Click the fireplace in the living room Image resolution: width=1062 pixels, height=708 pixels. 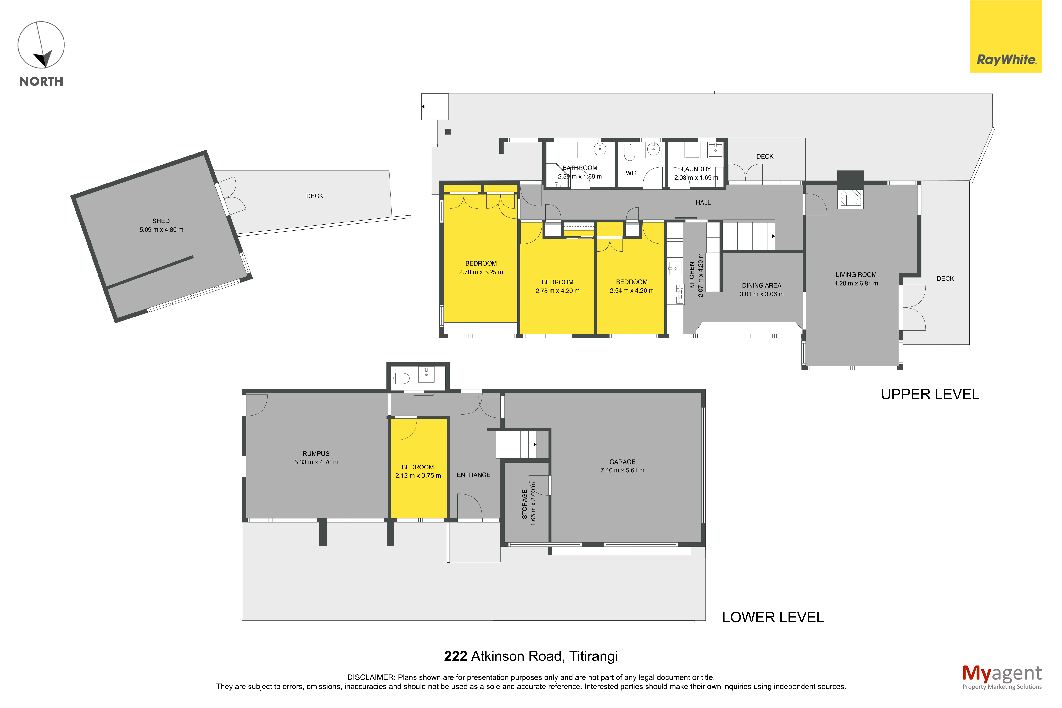click(x=850, y=199)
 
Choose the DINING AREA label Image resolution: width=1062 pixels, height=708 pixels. click(x=761, y=285)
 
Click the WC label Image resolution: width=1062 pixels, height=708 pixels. click(x=630, y=173)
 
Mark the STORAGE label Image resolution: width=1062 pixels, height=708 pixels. click(x=524, y=504)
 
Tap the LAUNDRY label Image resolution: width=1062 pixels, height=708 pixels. click(x=696, y=169)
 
